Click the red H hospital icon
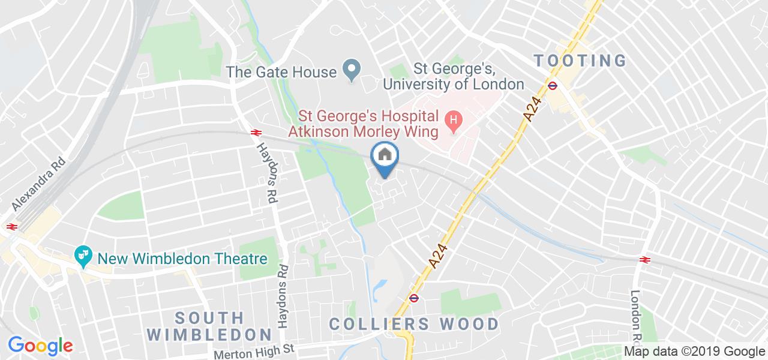click(x=454, y=120)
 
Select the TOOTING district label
click(x=580, y=61)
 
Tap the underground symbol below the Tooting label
click(x=553, y=85)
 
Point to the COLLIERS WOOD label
click(x=414, y=325)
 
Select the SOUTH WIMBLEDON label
click(x=209, y=325)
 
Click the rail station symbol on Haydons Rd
click(x=255, y=131)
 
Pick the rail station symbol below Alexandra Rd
click(x=10, y=226)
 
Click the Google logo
click(x=40, y=345)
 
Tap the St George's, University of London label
click(x=453, y=77)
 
